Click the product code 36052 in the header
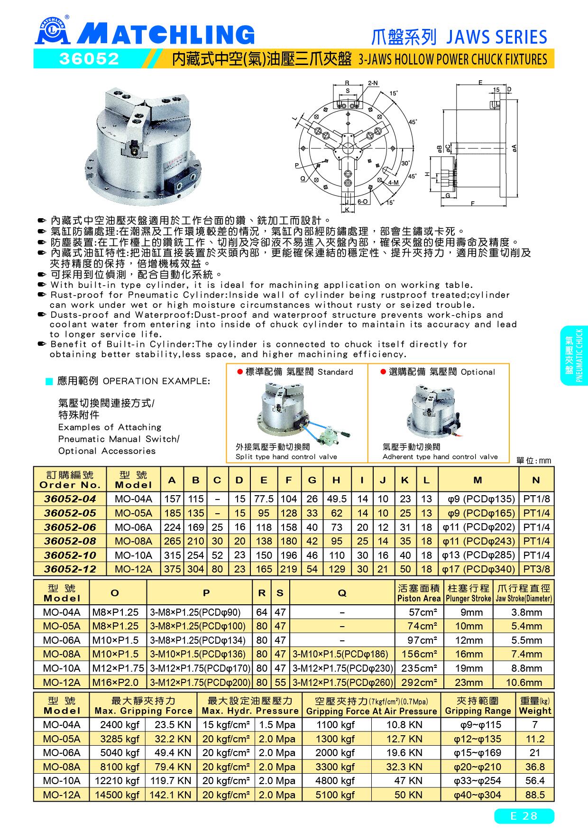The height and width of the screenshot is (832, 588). (x=88, y=59)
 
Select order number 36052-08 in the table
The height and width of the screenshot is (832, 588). (x=70, y=541)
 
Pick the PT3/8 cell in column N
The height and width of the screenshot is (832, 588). (x=536, y=569)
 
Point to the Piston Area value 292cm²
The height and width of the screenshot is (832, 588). (x=419, y=682)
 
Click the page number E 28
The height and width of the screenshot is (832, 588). (x=524, y=816)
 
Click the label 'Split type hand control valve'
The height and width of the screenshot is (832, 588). (x=286, y=457)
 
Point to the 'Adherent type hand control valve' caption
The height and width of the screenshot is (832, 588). (x=440, y=457)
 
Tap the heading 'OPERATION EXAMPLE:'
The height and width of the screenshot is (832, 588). (x=156, y=381)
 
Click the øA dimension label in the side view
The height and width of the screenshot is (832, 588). (x=514, y=148)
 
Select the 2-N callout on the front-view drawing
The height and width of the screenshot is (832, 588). (x=373, y=83)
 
